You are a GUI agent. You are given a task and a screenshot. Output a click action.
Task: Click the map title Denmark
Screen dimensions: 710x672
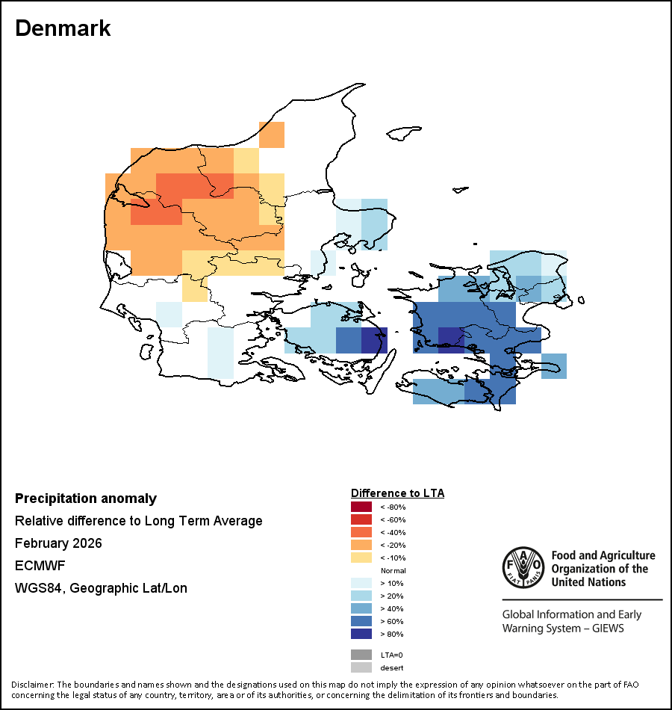[63, 28]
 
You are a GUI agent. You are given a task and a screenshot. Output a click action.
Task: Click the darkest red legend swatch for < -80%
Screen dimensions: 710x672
[361, 507]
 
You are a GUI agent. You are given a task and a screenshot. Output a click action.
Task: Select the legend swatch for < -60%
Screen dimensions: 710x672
[361, 520]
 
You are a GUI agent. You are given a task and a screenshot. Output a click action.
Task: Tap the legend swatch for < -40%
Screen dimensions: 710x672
[361, 533]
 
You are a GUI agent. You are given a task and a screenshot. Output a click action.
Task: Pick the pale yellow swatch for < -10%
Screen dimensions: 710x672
[361, 558]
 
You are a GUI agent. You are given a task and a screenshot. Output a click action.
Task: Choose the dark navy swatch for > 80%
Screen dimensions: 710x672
[361, 635]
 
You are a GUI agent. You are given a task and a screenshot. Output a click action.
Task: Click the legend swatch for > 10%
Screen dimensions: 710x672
[361, 584]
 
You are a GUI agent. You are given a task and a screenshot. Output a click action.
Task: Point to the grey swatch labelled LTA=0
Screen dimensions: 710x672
[361, 655]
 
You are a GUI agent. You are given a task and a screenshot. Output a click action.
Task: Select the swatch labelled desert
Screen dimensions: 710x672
[361, 667]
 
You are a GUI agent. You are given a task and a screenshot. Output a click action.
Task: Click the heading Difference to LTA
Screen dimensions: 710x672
[397, 493]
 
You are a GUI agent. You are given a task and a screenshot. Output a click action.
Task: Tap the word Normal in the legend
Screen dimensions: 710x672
[393, 571]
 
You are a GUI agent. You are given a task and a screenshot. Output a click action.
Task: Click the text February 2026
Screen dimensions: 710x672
[58, 543]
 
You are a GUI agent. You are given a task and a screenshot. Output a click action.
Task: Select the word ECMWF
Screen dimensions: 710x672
[37, 566]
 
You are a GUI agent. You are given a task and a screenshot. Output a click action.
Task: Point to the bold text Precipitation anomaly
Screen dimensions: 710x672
[86, 498]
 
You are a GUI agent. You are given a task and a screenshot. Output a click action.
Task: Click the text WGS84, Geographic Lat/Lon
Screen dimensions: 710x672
[101, 588]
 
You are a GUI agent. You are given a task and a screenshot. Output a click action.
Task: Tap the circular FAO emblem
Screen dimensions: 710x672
[523, 568]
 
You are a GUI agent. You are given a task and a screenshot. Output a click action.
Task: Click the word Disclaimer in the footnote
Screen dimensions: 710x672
[32, 685]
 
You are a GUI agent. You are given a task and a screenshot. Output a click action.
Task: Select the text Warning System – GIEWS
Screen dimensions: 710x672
[563, 628]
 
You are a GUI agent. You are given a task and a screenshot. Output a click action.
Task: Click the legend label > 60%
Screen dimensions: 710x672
[392, 622]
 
